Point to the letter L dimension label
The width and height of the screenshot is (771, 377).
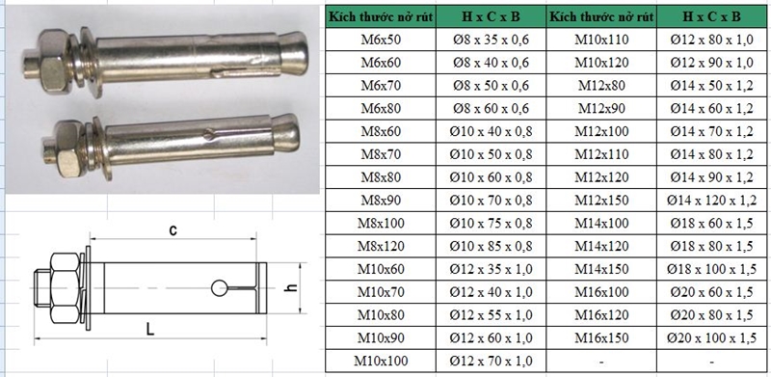[150, 330]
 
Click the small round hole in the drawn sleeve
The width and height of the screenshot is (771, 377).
[219, 286]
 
